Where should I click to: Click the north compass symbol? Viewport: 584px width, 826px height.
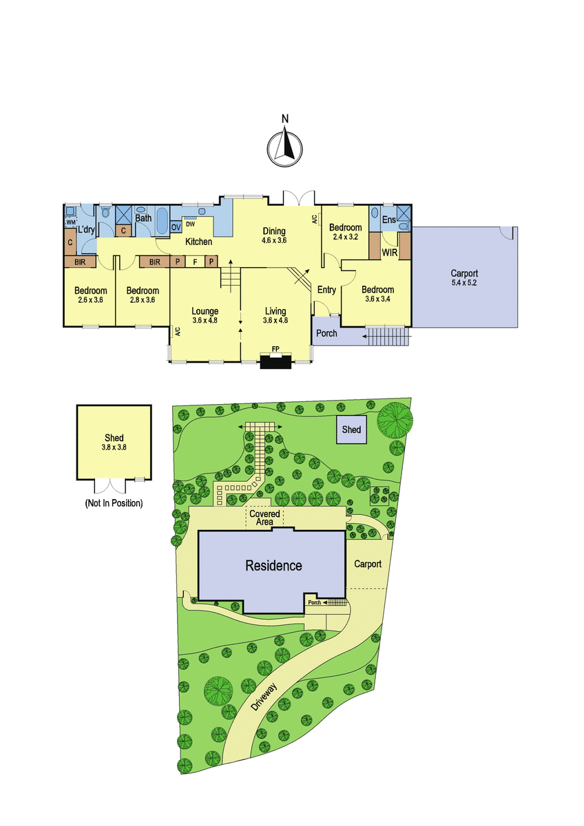coord(284,145)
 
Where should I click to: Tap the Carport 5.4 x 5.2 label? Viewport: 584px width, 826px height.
coord(463,277)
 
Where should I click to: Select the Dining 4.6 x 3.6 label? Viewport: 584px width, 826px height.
coord(273,235)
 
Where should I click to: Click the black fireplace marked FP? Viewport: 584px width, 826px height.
coord(276,361)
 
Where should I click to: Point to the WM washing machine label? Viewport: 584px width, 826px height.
coord(70,223)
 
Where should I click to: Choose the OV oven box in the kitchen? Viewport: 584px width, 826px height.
coord(176,227)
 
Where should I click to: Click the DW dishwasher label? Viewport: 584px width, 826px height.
coord(190,224)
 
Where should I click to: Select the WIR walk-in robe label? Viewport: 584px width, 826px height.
coord(389,253)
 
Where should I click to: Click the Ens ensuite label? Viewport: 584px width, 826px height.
coord(389,220)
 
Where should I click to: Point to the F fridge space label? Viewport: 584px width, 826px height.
coord(196,262)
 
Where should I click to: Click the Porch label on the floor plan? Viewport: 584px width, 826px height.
coord(326,333)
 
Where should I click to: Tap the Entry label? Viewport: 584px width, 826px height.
coord(326,290)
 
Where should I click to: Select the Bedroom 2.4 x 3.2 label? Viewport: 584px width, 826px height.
coord(345,232)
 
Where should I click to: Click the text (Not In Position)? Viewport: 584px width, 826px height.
coord(114,503)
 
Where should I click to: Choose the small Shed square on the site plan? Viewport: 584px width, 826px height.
coord(351,430)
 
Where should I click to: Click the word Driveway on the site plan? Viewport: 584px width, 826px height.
coord(263,696)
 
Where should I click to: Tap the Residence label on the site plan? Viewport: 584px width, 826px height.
coord(273,565)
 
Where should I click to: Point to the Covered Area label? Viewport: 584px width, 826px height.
coord(264,518)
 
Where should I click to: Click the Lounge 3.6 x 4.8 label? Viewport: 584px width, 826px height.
coord(205,315)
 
